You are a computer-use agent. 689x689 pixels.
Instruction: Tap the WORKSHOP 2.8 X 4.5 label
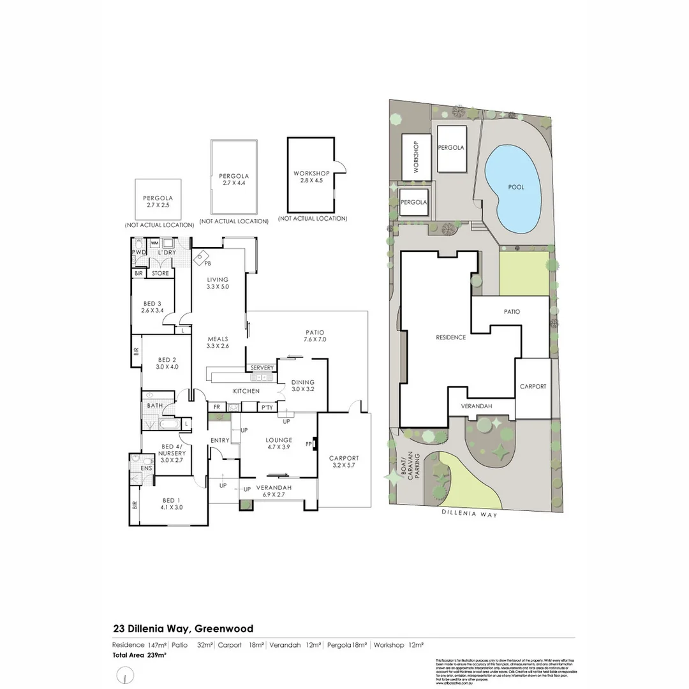tap(311, 177)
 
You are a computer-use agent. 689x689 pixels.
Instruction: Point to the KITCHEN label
tap(246, 390)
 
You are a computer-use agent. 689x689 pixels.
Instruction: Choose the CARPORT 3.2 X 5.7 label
tap(344, 462)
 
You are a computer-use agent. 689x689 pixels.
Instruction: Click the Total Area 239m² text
tap(140, 655)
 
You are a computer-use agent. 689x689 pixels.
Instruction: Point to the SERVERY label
tap(262, 368)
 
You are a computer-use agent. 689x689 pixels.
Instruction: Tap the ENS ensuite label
tap(145, 468)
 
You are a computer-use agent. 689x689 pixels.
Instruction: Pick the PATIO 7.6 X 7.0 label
tap(315, 336)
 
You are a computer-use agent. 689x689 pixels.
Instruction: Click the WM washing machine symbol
tap(154, 243)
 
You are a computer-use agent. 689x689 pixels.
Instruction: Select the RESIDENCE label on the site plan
tap(450, 337)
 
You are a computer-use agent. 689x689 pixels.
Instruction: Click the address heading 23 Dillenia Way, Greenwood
tap(183, 628)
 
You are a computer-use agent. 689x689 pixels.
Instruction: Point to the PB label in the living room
tap(207, 263)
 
